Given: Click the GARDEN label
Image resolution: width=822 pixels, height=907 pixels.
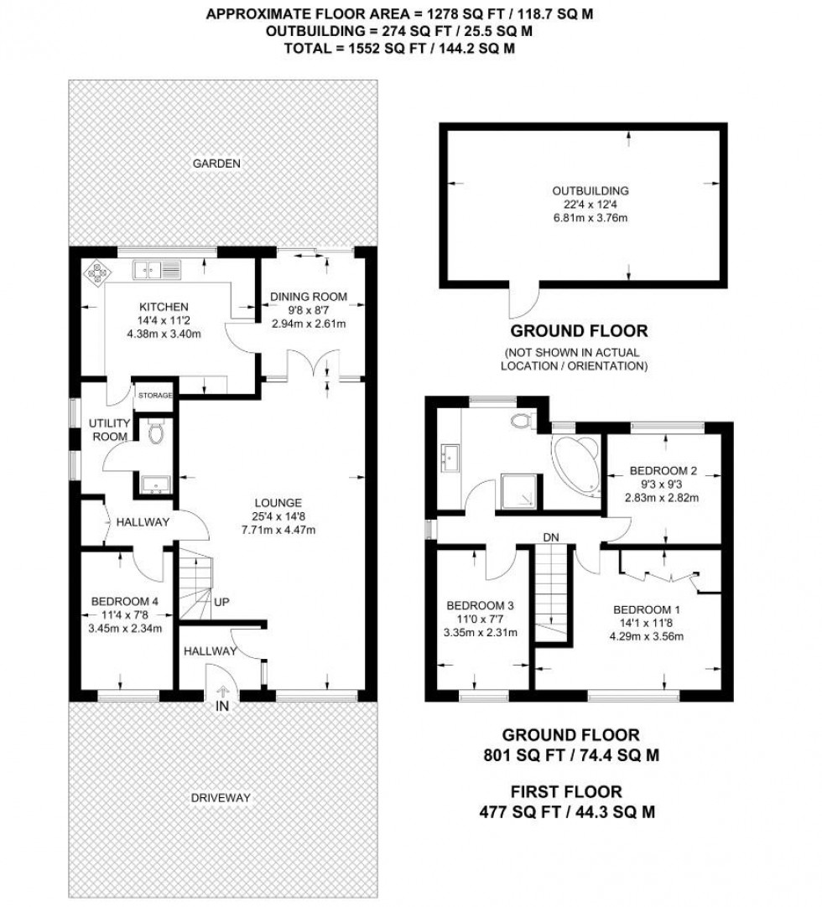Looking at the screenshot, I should [217, 163].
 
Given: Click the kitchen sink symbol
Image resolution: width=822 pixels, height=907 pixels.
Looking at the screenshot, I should [157, 270].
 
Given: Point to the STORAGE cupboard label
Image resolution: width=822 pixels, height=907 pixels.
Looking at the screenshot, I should [155, 395].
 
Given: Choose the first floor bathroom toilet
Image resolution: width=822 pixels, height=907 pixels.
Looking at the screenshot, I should [526, 420].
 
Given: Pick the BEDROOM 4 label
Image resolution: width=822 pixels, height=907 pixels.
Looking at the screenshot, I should [124, 599].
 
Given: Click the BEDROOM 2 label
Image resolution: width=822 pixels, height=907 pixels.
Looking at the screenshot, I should [663, 470].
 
